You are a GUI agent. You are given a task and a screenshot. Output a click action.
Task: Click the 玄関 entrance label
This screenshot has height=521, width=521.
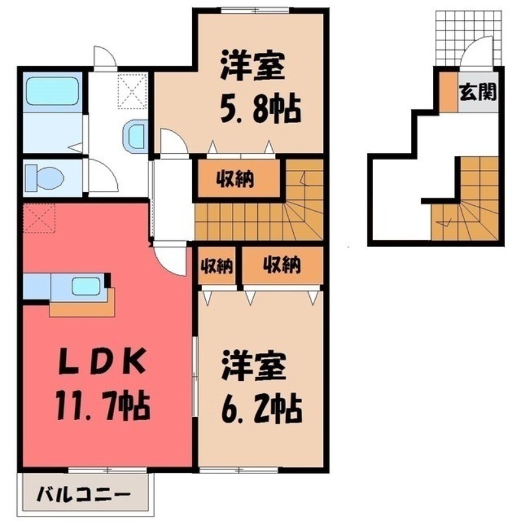[x=479, y=91]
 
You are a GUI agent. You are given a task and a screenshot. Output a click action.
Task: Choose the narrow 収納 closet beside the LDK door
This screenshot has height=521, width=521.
[x=216, y=265]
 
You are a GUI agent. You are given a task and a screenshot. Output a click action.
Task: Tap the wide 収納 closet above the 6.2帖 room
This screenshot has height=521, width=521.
[x=281, y=265]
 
